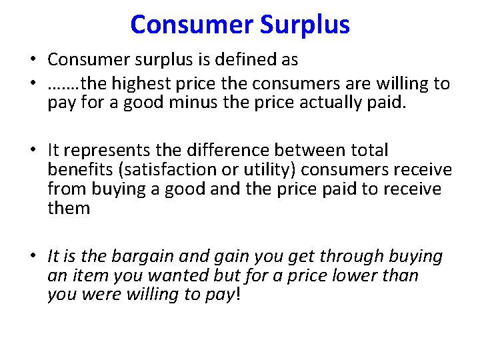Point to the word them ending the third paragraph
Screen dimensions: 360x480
coord(68,208)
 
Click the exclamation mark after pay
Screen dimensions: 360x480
coord(237,294)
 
